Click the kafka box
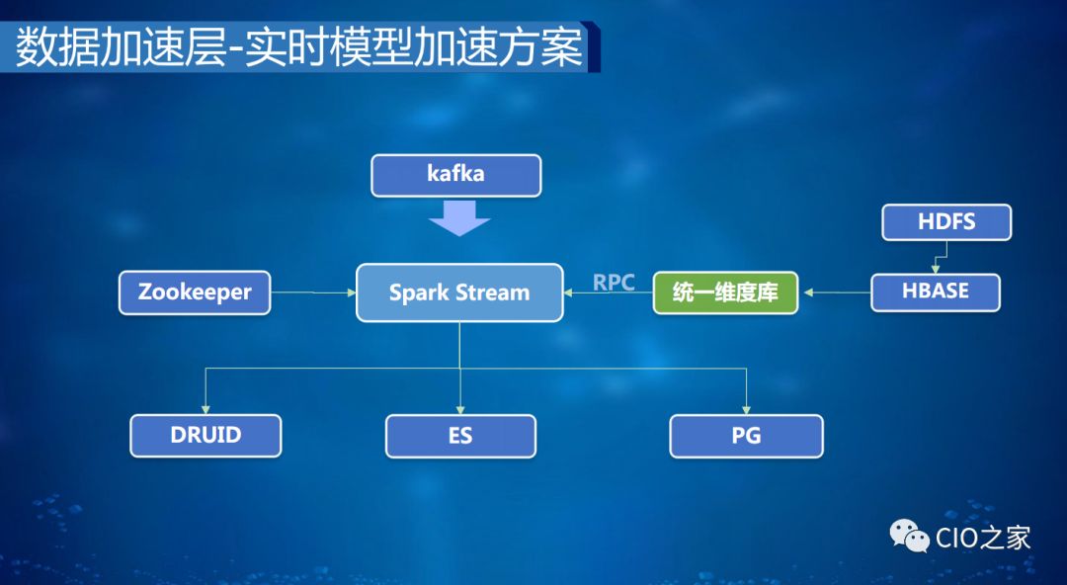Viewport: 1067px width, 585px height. pyautogui.click(x=456, y=175)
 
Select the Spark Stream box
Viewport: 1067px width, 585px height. pyautogui.click(x=459, y=292)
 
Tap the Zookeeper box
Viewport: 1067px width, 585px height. pyautogui.click(x=195, y=292)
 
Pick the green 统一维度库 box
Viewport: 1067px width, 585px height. pyautogui.click(x=725, y=293)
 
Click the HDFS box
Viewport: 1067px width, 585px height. pyautogui.click(x=946, y=222)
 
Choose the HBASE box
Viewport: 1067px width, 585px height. pyautogui.click(x=935, y=292)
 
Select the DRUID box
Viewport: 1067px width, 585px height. pyautogui.click(x=205, y=435)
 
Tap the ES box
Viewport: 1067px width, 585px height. pyautogui.click(x=460, y=436)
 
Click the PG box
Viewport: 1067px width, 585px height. pyautogui.click(x=746, y=436)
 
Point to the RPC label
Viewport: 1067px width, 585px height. pyautogui.click(x=614, y=283)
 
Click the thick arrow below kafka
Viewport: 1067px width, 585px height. pyautogui.click(x=459, y=217)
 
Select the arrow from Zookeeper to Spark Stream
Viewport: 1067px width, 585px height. pyautogui.click(x=313, y=292)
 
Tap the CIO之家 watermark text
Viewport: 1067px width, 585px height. pyautogui.click(x=983, y=538)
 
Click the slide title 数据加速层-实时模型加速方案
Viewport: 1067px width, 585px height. pyautogui.click(x=299, y=47)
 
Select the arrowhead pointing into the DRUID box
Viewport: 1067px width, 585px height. pyautogui.click(x=205, y=408)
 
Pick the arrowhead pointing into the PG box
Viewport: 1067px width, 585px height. pyautogui.click(x=746, y=408)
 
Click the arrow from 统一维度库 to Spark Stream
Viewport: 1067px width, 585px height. pyautogui.click(x=609, y=293)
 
